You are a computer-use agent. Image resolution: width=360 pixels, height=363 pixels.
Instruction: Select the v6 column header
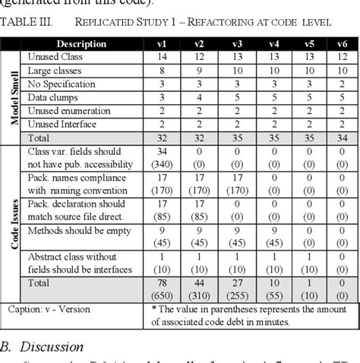pyautogui.click(x=342, y=43)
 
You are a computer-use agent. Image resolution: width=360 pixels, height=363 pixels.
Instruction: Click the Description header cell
pyautogui.click(x=81, y=43)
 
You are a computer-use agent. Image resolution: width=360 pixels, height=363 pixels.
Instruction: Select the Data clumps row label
pyautogui.click(x=53, y=97)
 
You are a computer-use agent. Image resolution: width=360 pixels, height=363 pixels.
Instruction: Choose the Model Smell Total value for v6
pyautogui.click(x=342, y=138)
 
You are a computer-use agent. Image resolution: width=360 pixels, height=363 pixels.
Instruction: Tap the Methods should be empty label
pyautogui.click(x=80, y=231)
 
